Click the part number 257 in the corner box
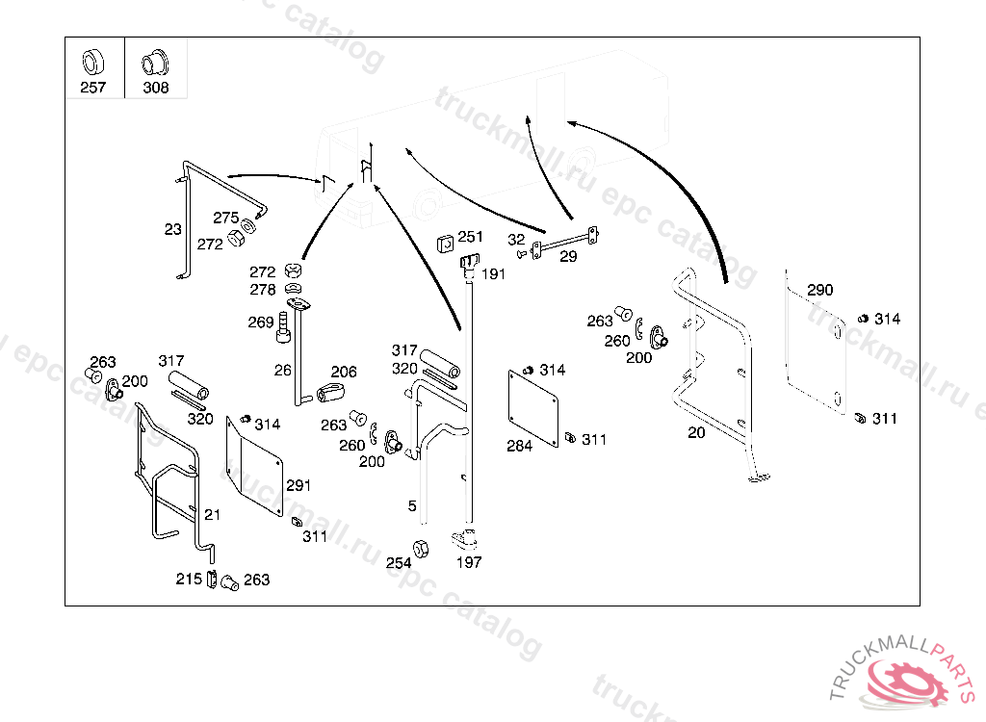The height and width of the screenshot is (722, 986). click(x=93, y=88)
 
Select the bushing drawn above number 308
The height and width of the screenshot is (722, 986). click(x=155, y=63)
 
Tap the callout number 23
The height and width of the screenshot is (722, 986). click(x=173, y=229)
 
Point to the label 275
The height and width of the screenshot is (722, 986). click(x=225, y=218)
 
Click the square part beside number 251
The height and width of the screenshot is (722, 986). click(x=445, y=244)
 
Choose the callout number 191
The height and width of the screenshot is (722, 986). click(x=494, y=274)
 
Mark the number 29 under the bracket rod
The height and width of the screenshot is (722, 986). click(x=568, y=257)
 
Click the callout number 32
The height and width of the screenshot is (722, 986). click(x=516, y=240)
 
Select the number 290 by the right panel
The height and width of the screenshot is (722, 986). click(x=820, y=290)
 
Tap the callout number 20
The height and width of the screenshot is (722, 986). click(x=696, y=432)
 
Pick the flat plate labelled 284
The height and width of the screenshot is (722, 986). click(x=533, y=409)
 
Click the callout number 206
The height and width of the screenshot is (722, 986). click(x=344, y=372)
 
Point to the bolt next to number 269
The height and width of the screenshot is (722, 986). click(x=284, y=327)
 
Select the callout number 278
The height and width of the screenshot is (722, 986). click(x=263, y=290)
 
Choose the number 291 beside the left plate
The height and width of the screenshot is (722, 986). click(x=298, y=485)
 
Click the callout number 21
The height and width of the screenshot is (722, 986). click(x=213, y=514)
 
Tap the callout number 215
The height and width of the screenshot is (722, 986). click(x=189, y=579)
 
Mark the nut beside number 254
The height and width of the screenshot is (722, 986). click(x=421, y=549)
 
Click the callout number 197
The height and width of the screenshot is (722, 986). click(x=469, y=562)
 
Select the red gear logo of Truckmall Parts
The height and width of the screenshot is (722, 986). click(x=907, y=683)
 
